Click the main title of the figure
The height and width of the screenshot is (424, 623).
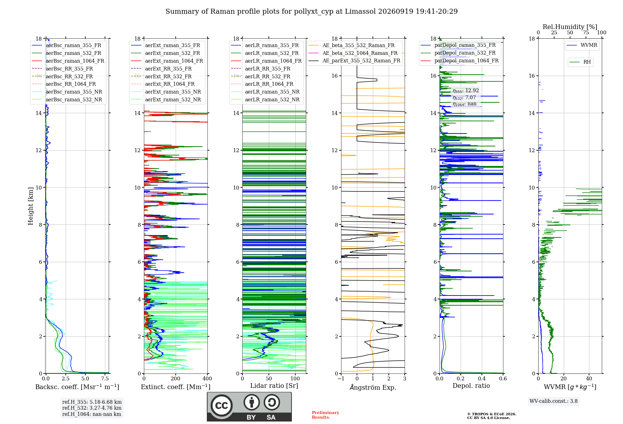coord(311,12)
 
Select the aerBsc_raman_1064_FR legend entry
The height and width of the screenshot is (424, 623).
coord(68,61)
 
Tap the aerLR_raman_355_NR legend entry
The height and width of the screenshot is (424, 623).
coord(265,92)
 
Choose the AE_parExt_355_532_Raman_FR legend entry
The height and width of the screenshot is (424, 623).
coord(354,60)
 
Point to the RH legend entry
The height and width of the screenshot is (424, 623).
coord(580,62)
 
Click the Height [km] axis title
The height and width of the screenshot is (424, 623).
coord(31,206)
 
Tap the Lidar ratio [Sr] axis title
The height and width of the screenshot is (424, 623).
coord(274,386)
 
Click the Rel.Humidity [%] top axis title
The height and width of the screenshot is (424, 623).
coord(570,27)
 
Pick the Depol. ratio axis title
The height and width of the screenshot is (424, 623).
coord(471,386)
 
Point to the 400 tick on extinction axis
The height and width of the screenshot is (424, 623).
coord(207,379)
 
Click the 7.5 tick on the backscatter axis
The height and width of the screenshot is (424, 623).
coord(105,379)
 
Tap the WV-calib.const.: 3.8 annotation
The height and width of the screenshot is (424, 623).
coord(554,401)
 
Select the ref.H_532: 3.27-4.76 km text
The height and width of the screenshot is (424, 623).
coord(92,408)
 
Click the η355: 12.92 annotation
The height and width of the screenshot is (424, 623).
coord(466,91)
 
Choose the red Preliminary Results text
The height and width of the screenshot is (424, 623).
coord(326,415)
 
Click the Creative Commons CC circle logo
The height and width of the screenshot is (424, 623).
coord(221,406)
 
